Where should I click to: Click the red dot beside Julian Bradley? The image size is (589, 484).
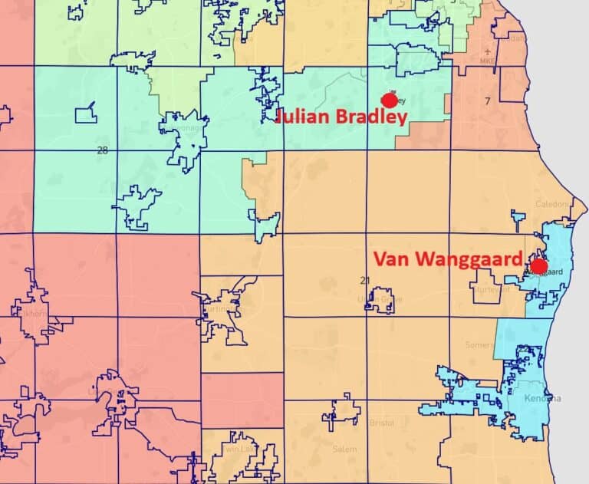[x=390, y=100]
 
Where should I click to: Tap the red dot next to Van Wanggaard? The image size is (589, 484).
[x=539, y=266]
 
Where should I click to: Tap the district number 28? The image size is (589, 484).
[x=102, y=150]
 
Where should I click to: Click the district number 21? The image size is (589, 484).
[x=365, y=279]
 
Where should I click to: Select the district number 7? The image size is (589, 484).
[x=486, y=101]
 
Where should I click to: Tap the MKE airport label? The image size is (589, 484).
[x=489, y=61]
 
